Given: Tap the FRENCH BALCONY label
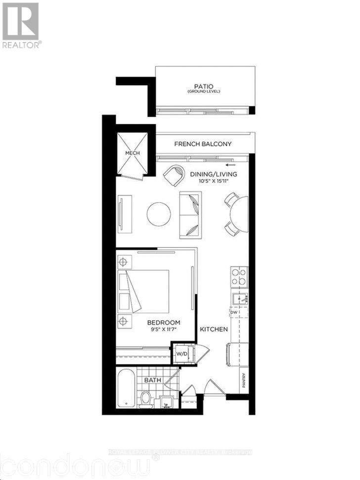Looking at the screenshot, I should (x=203, y=144).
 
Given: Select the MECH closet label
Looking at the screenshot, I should (x=132, y=153).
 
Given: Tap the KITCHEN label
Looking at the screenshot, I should (x=213, y=329).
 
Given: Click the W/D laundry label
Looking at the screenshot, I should (x=180, y=353).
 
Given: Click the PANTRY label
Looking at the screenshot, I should (x=244, y=381).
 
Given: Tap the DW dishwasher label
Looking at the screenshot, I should (x=233, y=312).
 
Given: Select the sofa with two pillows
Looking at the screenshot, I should (x=190, y=214).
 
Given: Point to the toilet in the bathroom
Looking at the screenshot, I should (x=145, y=398).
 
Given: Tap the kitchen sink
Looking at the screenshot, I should (x=240, y=298).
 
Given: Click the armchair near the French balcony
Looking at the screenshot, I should (x=174, y=174).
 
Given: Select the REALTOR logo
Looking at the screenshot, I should (x=21, y=25).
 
